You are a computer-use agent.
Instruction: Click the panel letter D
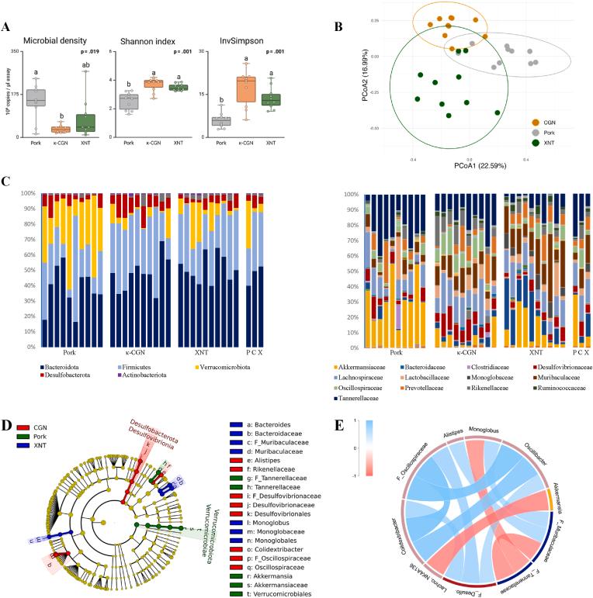(8, 425)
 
